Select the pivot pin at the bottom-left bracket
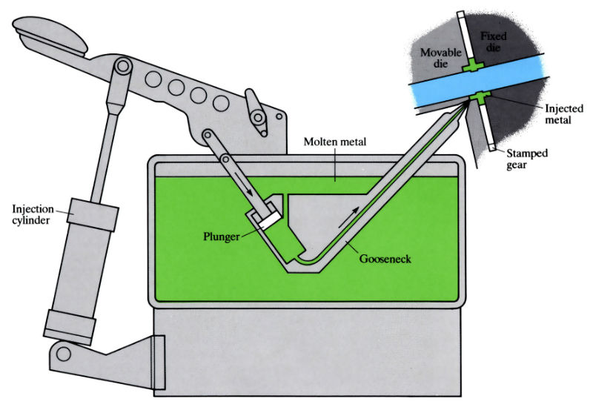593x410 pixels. (64, 355)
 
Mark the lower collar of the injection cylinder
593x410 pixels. (70, 323)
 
